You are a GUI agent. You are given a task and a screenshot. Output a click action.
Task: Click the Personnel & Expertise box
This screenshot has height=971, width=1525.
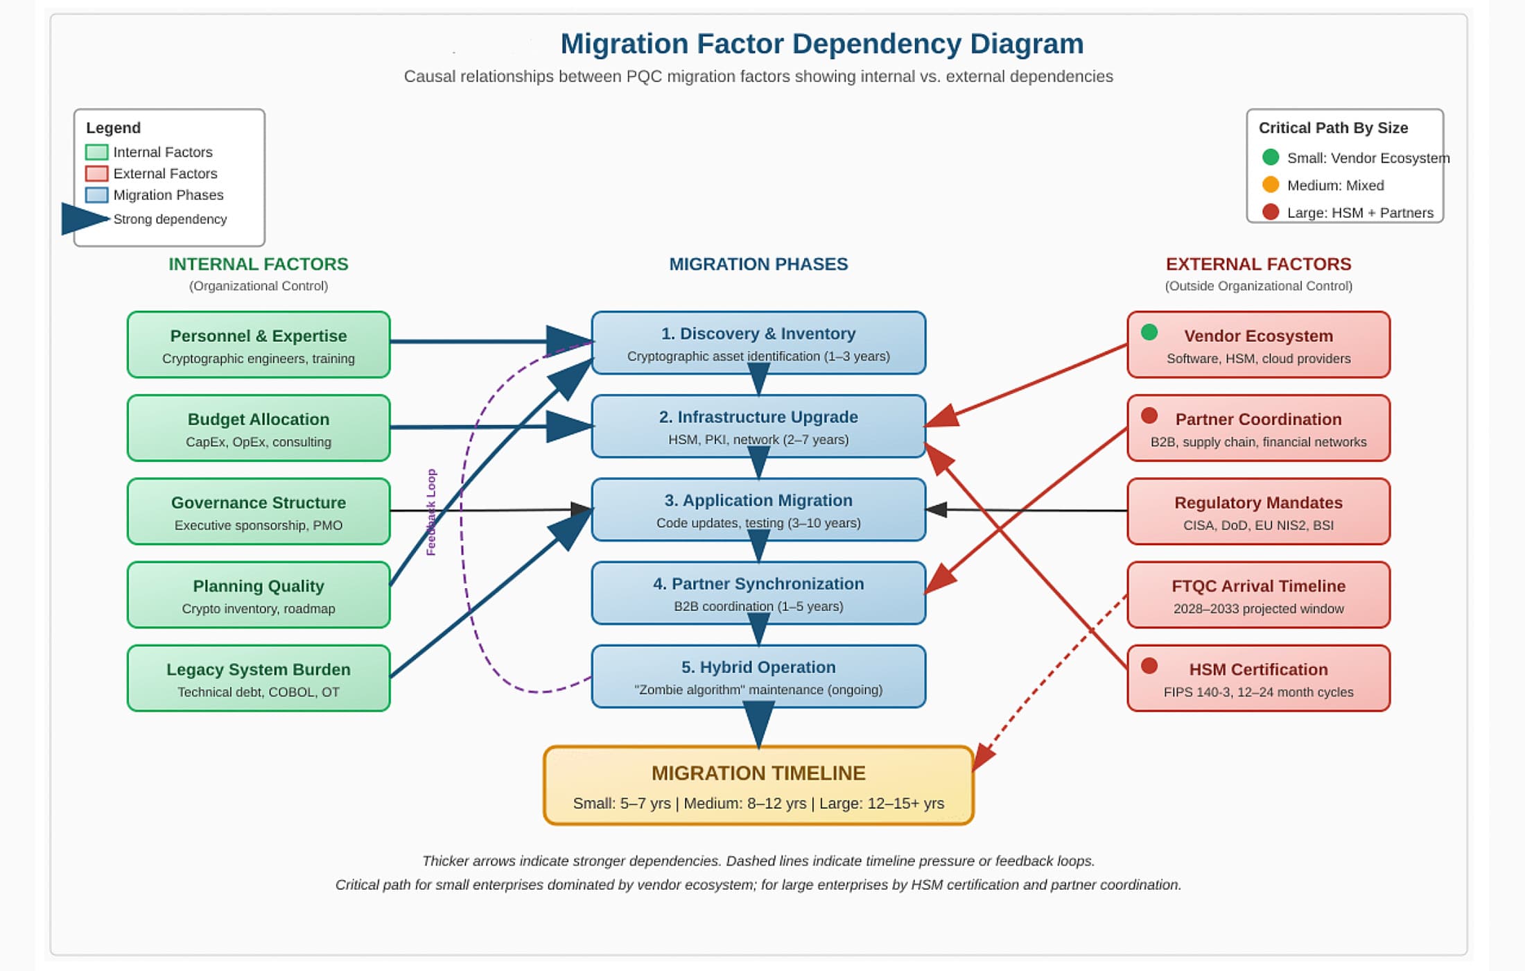259,345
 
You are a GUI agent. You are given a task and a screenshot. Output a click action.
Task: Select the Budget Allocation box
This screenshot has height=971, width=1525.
259,428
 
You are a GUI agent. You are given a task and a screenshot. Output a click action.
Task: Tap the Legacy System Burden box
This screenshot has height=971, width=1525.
259,678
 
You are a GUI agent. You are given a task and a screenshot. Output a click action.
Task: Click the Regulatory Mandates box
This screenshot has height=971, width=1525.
1258,512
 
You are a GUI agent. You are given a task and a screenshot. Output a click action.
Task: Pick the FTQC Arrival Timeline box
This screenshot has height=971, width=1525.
1258,595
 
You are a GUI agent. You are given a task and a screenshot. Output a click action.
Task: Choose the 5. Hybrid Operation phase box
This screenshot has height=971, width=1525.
758,677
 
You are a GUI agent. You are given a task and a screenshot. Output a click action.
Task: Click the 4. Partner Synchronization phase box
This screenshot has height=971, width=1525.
758,593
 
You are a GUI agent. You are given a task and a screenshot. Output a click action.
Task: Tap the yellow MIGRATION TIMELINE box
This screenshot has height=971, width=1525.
758,786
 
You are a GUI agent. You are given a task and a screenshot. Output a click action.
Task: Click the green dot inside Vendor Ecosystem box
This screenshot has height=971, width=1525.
1149,332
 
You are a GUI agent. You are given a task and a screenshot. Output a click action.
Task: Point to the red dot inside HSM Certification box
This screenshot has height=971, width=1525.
1149,666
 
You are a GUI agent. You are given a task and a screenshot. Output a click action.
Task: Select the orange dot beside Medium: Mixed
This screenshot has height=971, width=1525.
1271,184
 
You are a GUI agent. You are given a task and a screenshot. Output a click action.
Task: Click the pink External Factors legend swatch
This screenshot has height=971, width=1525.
96,173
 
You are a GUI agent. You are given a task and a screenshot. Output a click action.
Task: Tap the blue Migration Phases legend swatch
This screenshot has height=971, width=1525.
96,195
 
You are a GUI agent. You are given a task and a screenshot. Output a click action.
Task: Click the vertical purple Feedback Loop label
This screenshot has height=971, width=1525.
431,512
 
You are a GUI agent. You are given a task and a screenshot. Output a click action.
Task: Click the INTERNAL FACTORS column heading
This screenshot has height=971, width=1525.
258,264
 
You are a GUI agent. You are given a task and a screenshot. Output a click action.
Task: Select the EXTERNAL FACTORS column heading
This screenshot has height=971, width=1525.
1258,264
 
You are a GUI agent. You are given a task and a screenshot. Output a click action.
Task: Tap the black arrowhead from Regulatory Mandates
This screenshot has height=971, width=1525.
936,510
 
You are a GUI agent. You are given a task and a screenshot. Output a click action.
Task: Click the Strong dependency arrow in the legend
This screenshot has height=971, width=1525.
85,219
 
